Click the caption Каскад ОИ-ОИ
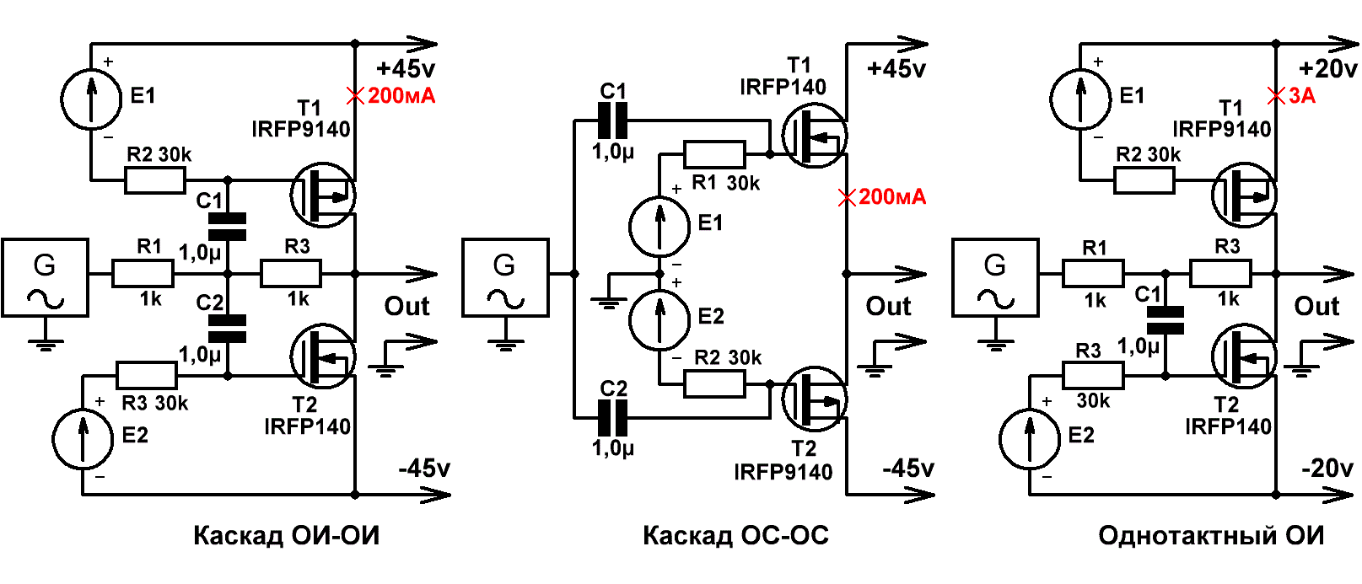coord(287,536)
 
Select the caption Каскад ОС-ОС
coord(735,536)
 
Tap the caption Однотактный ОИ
coord(1211,536)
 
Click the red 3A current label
coord(1302,96)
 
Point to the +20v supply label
coord(1327,68)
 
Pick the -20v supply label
coord(1327,469)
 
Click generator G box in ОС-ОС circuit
coord(506,278)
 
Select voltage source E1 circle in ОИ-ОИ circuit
coord(91,99)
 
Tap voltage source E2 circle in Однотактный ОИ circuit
coord(1030,439)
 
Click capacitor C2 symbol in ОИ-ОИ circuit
coord(228,328)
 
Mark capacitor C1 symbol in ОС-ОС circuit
coord(612,121)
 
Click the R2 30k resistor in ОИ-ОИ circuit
coord(155,180)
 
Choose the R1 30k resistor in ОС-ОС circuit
coord(714,155)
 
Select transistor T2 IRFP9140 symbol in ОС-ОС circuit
coord(814,399)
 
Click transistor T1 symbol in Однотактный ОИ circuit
coord(1244,195)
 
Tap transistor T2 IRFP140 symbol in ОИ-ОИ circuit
coord(323,356)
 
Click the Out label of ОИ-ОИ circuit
coord(406,306)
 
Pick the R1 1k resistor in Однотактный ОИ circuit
coord(1093,274)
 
